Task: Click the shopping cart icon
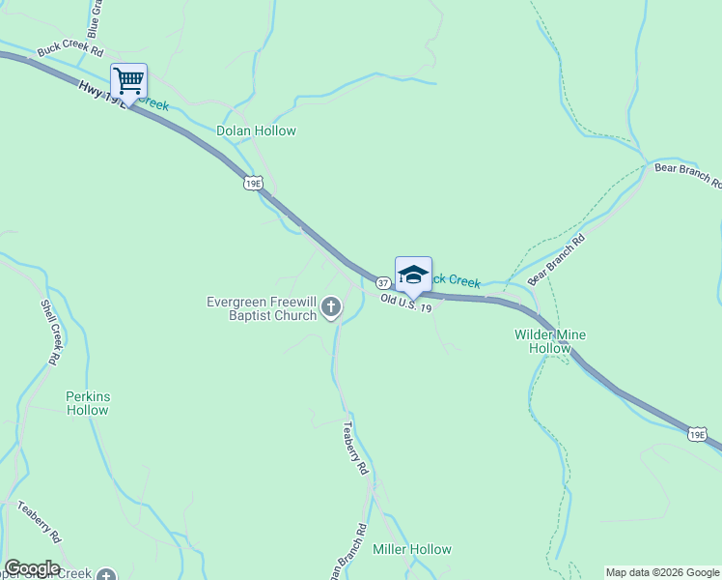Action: tap(127, 79)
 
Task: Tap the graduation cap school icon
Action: tap(413, 274)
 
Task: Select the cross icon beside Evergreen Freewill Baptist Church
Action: tap(331, 308)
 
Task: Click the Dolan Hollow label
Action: tap(256, 130)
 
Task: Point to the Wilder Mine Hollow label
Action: tap(550, 341)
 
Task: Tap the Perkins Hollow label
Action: tap(87, 403)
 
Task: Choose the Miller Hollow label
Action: tap(412, 549)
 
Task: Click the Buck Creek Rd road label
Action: tap(69, 48)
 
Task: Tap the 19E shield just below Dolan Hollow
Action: tap(253, 183)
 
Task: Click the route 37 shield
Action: tap(383, 283)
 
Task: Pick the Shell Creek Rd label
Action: tap(50, 332)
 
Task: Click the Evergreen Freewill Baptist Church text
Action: tap(263, 308)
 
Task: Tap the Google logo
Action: tap(32, 568)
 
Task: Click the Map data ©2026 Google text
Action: tap(662, 572)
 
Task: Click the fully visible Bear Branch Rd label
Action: tap(557, 258)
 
